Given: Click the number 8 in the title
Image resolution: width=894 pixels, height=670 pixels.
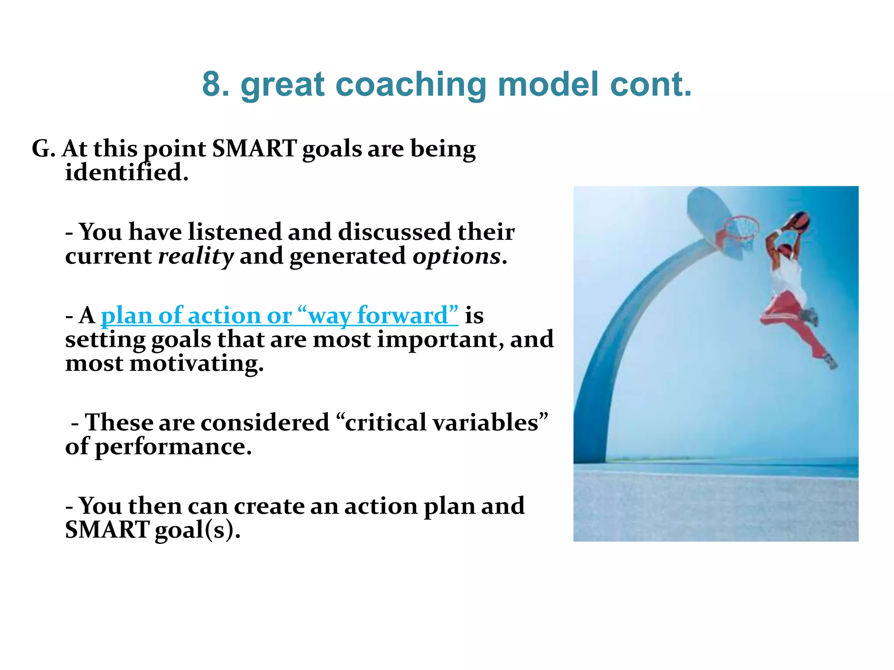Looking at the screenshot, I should [x=216, y=84].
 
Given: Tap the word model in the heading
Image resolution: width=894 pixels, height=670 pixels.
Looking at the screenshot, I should [x=548, y=84].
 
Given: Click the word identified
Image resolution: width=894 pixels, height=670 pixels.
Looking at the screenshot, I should [x=126, y=173].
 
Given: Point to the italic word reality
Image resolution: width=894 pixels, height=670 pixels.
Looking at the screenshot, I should [x=196, y=256].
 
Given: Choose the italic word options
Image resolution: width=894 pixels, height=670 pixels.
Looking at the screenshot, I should [x=457, y=256].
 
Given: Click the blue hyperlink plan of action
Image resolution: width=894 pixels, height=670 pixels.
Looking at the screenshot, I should [x=180, y=315].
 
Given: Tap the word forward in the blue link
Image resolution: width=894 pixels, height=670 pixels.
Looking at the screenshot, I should [x=402, y=315].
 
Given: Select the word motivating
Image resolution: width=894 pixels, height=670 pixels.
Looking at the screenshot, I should [x=196, y=363].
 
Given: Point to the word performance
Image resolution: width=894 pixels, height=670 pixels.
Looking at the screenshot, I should [x=173, y=447].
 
